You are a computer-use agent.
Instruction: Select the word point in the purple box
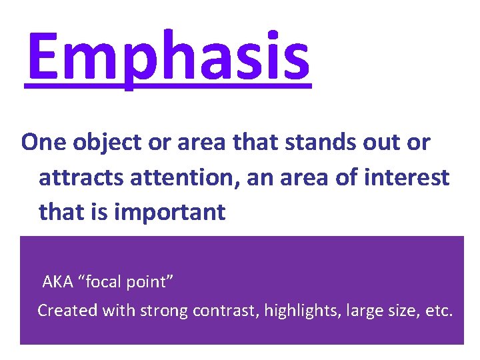point(152,283)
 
